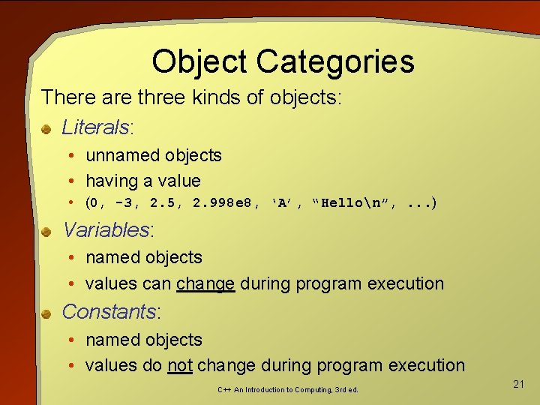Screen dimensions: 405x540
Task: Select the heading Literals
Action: (96, 127)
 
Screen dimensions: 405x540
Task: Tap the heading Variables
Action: (106, 229)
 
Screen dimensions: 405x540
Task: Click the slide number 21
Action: (518, 384)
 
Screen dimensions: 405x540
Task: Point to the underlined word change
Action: (205, 283)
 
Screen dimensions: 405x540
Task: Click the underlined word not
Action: (180, 365)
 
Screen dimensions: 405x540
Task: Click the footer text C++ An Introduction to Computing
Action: (287, 390)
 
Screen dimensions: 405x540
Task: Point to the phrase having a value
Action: (143, 181)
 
